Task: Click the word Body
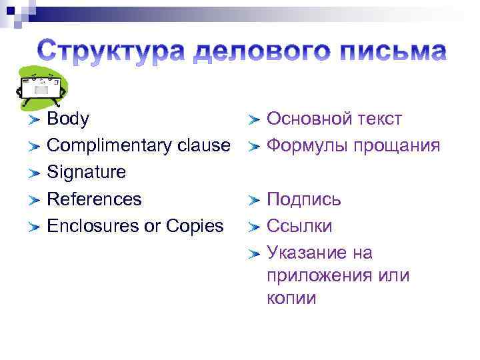pyautogui.click(x=68, y=119)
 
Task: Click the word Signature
pyautogui.click(x=86, y=173)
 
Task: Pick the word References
pyautogui.click(x=94, y=199)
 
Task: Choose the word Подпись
pyautogui.click(x=304, y=199)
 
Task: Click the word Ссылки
pyautogui.click(x=299, y=226)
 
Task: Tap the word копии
pyautogui.click(x=291, y=298)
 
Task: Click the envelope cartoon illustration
pyautogui.click(x=41, y=87)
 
